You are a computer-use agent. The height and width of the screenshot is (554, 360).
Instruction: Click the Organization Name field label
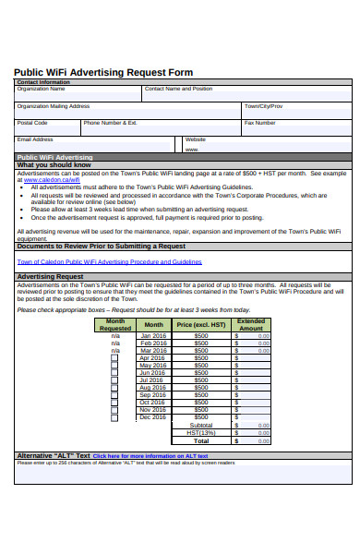click(x=42, y=90)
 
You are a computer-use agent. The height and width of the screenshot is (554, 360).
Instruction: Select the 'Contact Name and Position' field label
click(x=178, y=90)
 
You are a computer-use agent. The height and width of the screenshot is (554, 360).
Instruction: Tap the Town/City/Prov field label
click(x=263, y=106)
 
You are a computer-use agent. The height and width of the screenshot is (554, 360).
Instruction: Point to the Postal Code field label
click(x=32, y=123)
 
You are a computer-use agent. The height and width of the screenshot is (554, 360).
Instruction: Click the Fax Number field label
click(x=260, y=123)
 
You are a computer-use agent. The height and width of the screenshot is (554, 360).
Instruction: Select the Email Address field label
click(x=35, y=139)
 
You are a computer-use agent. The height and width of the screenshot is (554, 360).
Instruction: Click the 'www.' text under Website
click(x=192, y=149)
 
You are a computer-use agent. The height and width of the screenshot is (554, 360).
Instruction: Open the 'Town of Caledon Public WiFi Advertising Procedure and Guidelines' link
click(x=109, y=261)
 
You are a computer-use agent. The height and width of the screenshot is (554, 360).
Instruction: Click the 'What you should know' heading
click(x=54, y=165)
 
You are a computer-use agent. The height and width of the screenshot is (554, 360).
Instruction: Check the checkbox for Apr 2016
click(x=115, y=358)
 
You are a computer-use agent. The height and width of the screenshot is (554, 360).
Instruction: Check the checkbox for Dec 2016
click(x=115, y=417)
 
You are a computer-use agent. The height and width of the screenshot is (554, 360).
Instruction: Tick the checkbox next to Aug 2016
click(x=115, y=388)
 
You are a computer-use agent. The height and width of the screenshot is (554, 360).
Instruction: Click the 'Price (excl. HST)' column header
click(x=200, y=325)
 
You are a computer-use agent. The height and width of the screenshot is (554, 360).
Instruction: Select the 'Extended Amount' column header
click(x=251, y=325)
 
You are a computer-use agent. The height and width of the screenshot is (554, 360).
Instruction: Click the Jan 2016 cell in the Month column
click(x=153, y=336)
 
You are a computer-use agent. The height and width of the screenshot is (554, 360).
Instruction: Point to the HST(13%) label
click(x=200, y=433)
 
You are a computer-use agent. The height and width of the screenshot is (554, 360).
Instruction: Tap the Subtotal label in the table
click(x=200, y=425)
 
